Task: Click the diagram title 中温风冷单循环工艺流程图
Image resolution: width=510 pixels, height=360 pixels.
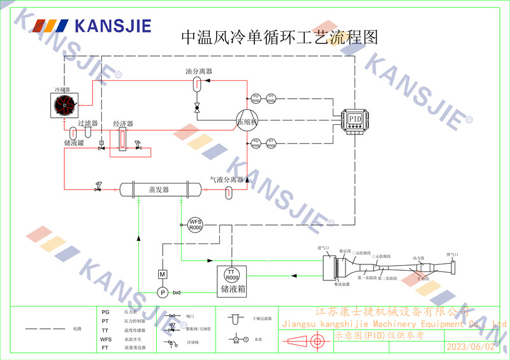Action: tap(280, 36)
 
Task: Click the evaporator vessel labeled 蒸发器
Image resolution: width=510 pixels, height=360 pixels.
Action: tap(158, 189)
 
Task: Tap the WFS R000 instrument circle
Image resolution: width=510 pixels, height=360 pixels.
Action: tap(195, 224)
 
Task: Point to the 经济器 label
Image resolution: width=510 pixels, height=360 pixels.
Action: tap(122, 123)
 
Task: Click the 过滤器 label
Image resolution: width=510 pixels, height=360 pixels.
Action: tap(87, 123)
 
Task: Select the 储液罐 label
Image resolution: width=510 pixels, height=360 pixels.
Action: tap(74, 143)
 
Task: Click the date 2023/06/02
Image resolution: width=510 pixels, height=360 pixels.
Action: tap(470, 347)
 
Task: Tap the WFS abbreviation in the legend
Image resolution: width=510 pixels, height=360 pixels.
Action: tap(106, 340)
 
